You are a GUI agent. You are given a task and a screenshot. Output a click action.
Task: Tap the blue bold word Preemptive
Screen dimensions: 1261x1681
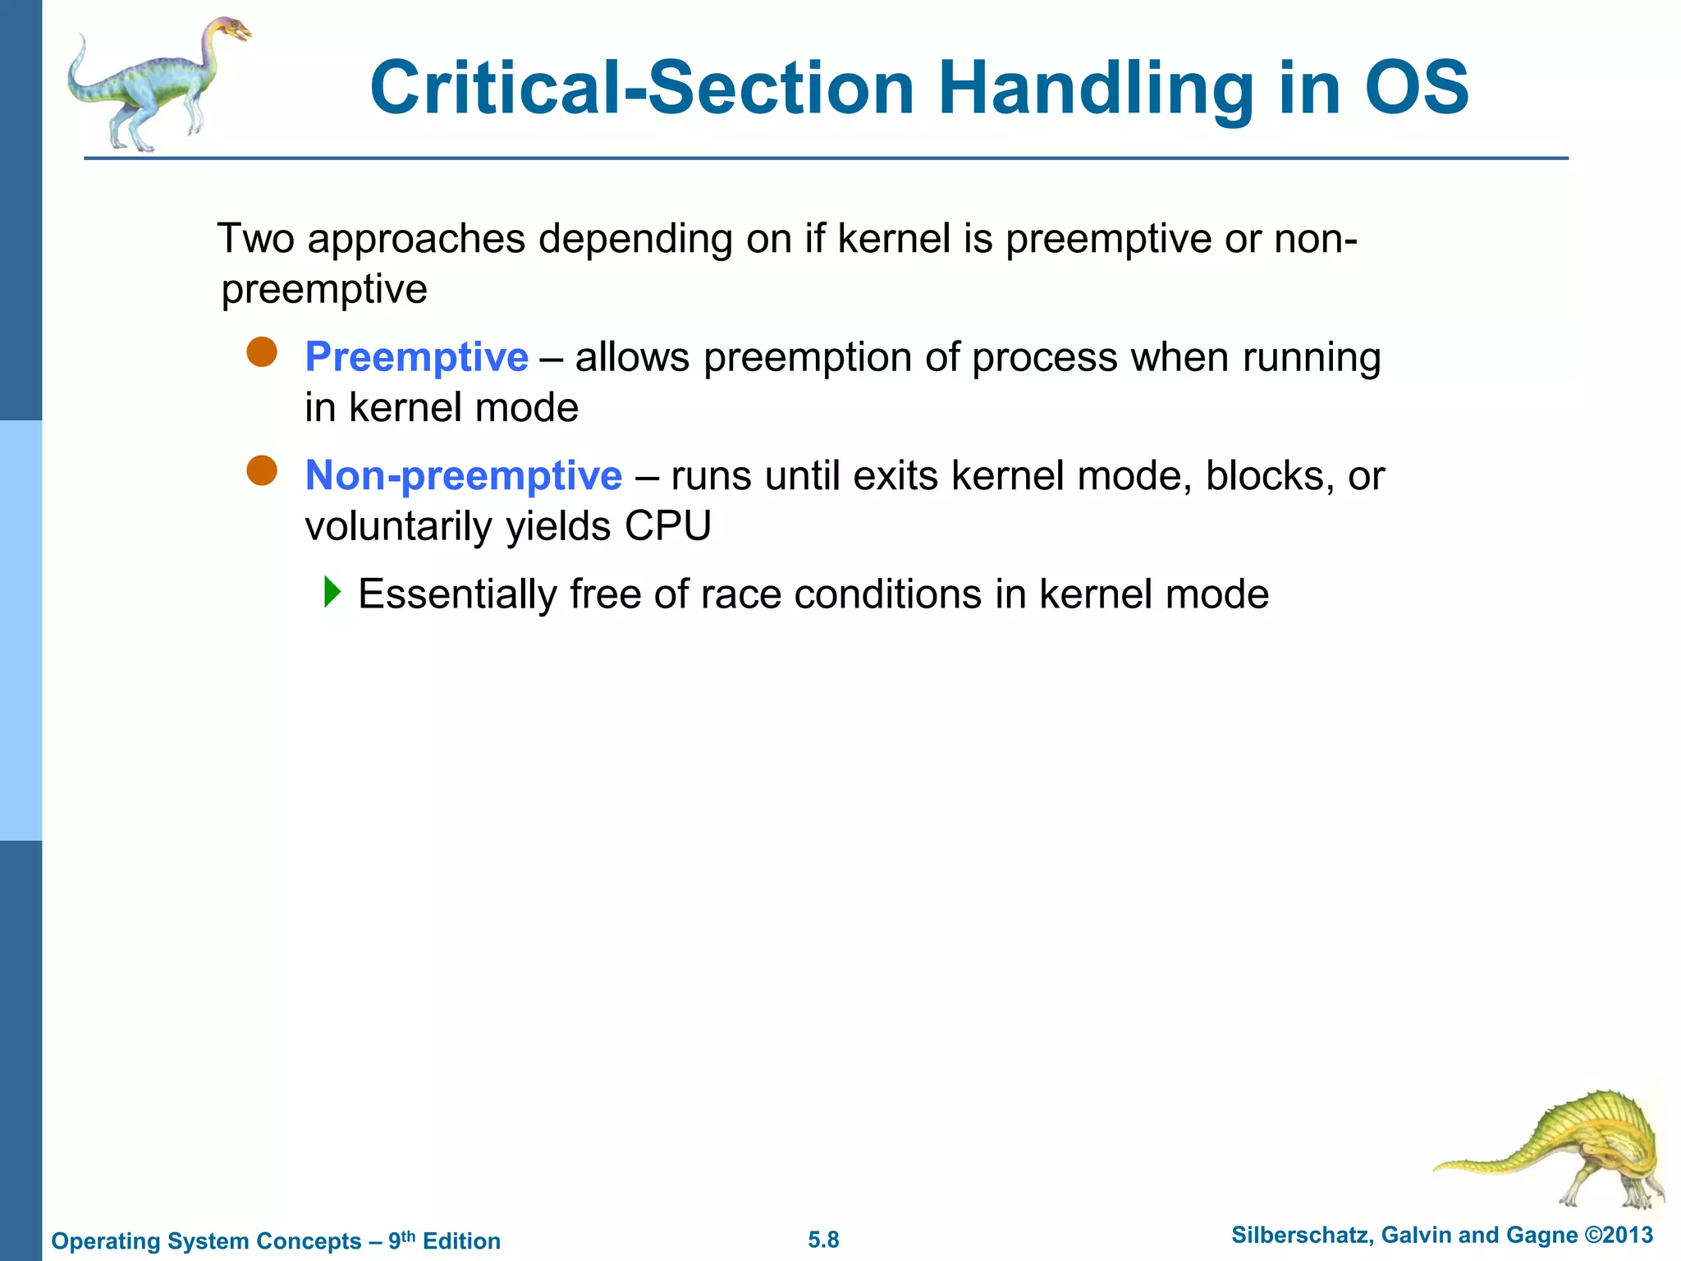pos(416,357)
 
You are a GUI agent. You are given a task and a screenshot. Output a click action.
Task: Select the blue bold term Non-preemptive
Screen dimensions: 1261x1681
pos(463,475)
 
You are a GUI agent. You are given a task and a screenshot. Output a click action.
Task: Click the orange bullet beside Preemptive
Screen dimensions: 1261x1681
pos(262,352)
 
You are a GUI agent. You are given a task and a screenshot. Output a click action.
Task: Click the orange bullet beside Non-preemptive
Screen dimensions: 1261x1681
pos(262,471)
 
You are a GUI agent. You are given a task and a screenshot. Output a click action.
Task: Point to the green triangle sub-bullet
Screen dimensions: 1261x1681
pos(332,591)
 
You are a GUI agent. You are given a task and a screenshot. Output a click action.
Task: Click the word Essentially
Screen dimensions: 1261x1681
pos(457,594)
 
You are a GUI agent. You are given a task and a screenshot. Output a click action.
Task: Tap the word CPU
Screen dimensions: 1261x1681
pos(667,525)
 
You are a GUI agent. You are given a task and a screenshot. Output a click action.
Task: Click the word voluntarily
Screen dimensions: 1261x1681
pos(399,526)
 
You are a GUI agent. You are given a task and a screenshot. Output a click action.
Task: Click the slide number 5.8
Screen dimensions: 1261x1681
pos(823,1240)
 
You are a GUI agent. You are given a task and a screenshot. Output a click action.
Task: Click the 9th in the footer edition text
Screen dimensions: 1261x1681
pos(401,1239)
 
